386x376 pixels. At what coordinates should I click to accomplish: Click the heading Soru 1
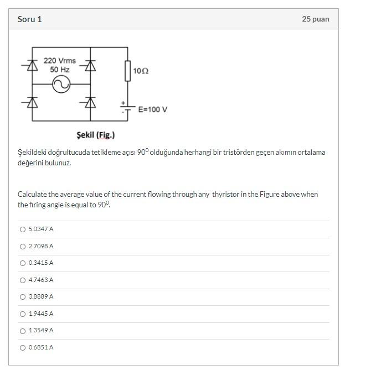(29, 19)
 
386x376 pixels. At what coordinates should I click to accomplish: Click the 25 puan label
(315, 19)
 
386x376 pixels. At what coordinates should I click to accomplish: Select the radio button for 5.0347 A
(23, 229)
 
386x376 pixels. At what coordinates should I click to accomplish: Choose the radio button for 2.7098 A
(23, 247)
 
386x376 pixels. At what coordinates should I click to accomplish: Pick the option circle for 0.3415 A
(23, 263)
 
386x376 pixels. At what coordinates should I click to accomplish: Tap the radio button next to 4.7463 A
(23, 280)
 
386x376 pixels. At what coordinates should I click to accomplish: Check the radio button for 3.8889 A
(23, 297)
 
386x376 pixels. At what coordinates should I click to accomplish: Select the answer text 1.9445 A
(41, 314)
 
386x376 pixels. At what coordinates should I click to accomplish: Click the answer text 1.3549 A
(41, 331)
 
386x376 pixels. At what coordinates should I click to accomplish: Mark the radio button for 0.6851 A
(23, 348)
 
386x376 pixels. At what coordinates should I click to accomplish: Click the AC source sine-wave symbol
(60, 84)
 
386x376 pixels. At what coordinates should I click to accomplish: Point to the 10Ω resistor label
(141, 71)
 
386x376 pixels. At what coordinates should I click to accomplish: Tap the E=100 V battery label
(153, 109)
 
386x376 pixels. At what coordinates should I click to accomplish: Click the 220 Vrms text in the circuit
(60, 61)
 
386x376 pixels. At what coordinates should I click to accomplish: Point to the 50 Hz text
(60, 70)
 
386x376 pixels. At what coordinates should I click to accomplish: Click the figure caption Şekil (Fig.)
(96, 135)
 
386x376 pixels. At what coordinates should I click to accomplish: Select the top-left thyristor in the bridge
(33, 66)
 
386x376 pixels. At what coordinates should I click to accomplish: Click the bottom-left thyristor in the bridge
(33, 102)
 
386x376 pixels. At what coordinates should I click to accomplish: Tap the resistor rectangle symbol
(128, 71)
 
